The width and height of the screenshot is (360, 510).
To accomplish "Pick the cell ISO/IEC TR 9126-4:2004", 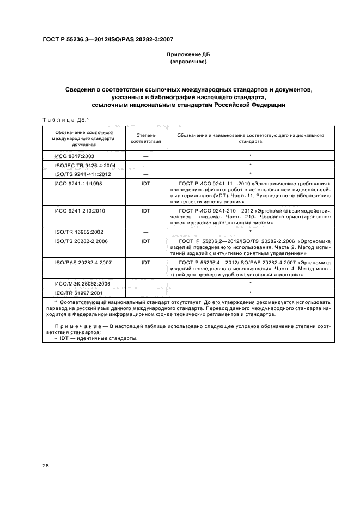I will click(x=81, y=165).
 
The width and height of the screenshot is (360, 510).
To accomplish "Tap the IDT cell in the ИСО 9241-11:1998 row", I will click(x=145, y=184).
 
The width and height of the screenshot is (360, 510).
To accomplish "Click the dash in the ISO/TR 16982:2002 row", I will click(x=145, y=231).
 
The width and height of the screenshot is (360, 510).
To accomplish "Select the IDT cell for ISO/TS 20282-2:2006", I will click(x=145, y=240).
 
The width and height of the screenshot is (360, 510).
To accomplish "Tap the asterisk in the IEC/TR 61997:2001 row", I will click(x=250, y=293).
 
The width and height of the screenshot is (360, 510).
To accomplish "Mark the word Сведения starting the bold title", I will click(x=82, y=89).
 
